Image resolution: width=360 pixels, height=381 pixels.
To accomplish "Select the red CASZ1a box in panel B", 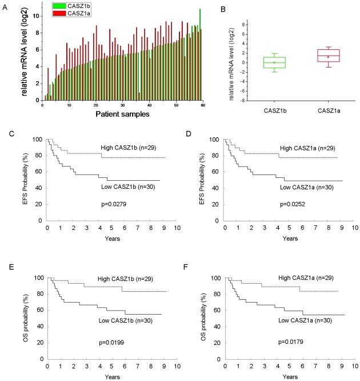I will pyautogui.click(x=314, y=55).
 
